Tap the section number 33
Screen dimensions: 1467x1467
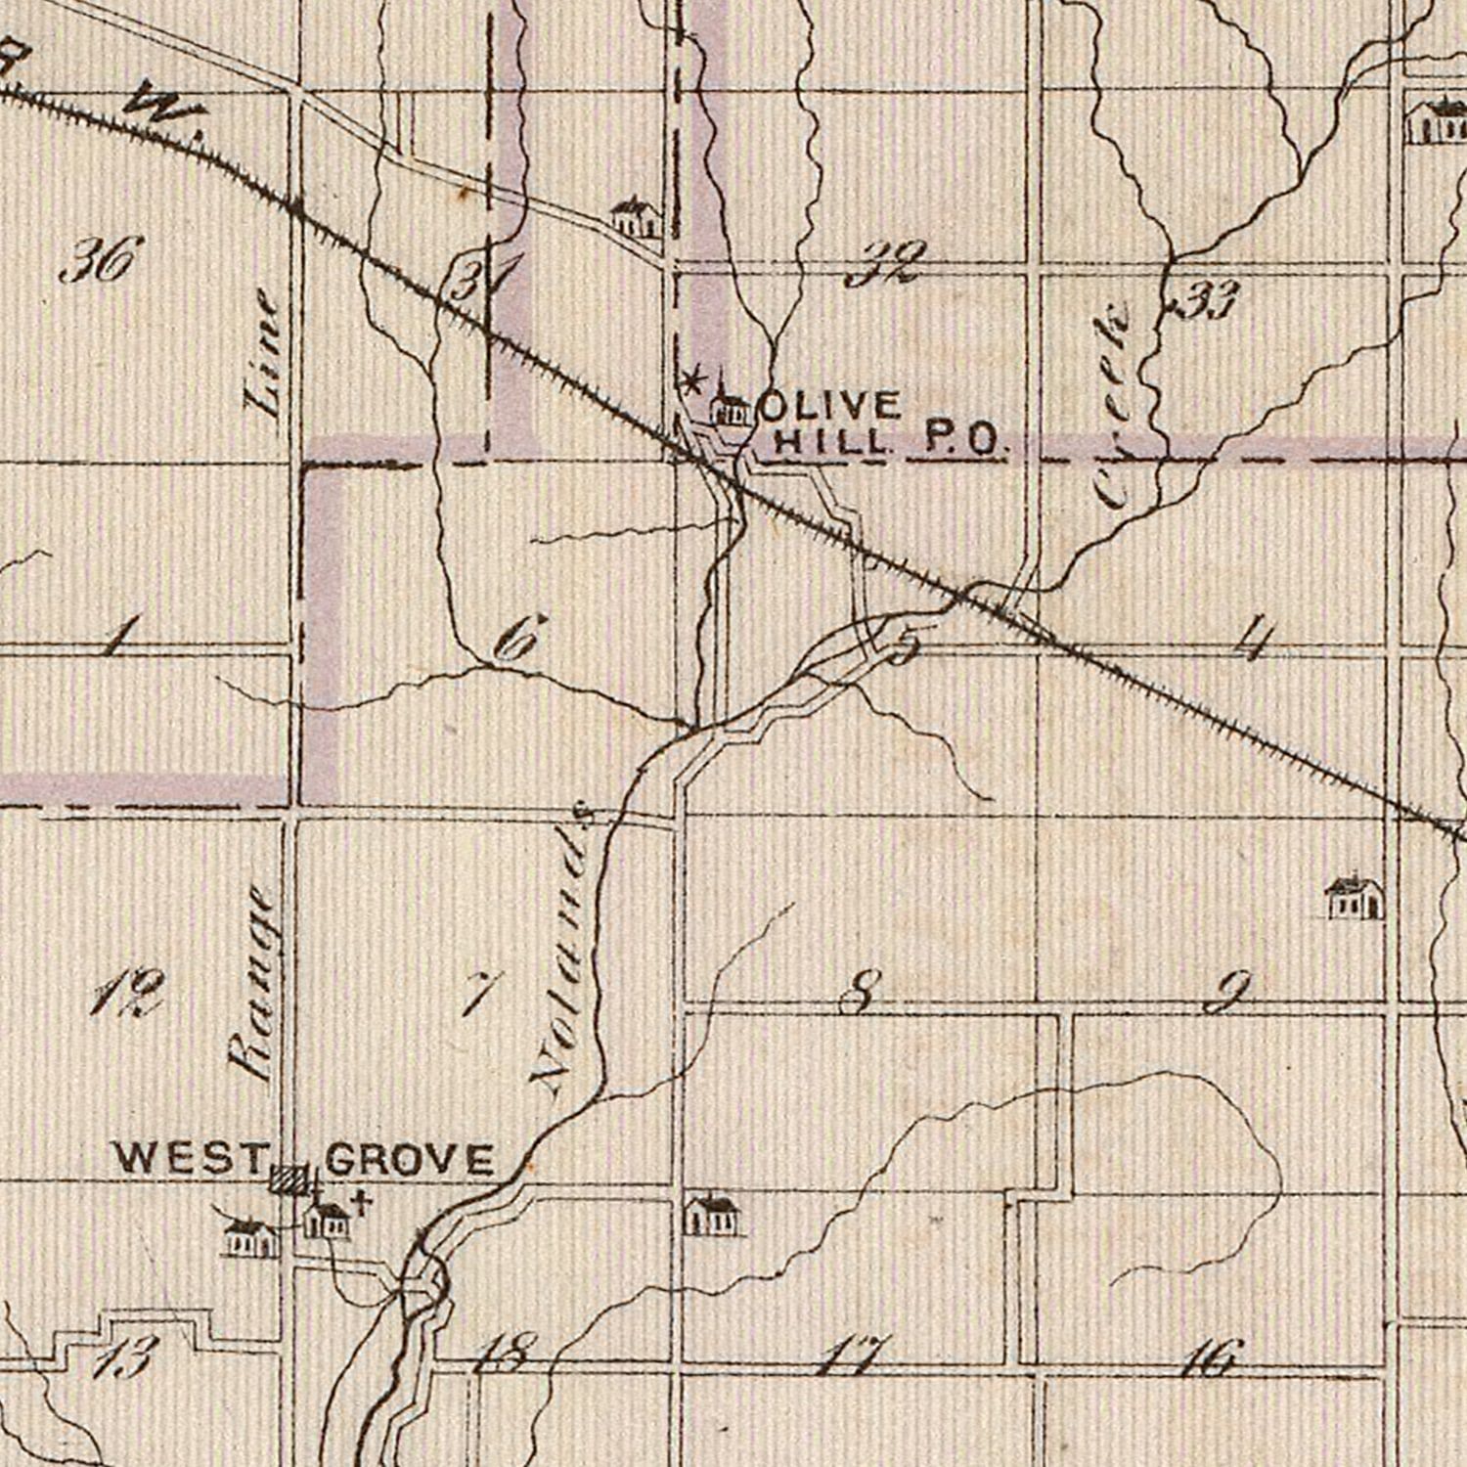pos(1208,300)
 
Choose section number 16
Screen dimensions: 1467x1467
pos(1210,1357)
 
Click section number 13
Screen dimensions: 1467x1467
pos(125,1357)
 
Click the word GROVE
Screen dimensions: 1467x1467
pos(409,1159)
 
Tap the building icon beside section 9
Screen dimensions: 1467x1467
pos(1354,898)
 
